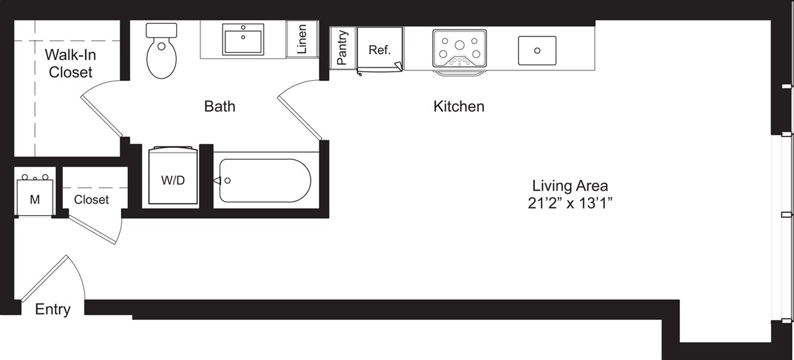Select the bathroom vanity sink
[243, 39]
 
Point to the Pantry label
[343, 47]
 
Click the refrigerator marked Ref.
[380, 49]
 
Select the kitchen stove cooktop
[459, 48]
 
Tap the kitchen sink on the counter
[537, 50]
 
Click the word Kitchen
[458, 106]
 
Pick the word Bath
[220, 106]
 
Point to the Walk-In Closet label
[70, 64]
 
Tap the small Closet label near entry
[91, 200]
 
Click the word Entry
[53, 309]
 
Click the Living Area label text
[570, 186]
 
